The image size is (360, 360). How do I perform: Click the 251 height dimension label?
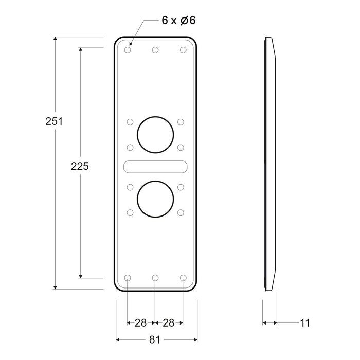tap(54, 121)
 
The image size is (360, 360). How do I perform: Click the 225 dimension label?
tap(80, 166)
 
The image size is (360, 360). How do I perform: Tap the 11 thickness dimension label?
tap(305, 323)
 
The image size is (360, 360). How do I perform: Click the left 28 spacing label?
tap(140, 323)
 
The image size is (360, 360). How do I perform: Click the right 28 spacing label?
tap(168, 323)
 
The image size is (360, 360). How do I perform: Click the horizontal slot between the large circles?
tap(155, 166)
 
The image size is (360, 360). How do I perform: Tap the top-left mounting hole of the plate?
tap(128, 50)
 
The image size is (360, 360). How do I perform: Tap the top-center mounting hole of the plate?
tap(155, 50)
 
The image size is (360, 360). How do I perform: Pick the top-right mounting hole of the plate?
tap(183, 50)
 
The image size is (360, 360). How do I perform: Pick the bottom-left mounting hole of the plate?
tap(128, 278)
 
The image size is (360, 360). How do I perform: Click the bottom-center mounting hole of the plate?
tap(155, 278)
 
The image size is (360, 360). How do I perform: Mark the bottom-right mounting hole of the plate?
tap(183, 278)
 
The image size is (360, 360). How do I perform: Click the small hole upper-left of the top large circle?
tap(130, 122)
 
